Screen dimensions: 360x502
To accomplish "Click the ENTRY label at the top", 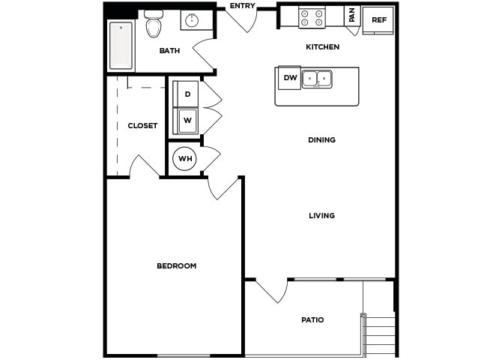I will click(242, 6).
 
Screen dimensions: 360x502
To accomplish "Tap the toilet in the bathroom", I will click(154, 25).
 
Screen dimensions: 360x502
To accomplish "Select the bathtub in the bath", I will click(121, 46).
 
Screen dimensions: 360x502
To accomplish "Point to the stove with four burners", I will click(312, 18).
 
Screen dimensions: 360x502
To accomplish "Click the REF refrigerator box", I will click(378, 20).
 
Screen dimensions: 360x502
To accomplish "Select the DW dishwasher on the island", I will click(289, 77).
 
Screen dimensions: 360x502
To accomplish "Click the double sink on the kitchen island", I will click(318, 78).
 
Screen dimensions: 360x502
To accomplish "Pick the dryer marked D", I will click(187, 94).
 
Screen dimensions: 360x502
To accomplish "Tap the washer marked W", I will click(187, 120).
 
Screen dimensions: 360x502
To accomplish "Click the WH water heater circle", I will click(184, 159).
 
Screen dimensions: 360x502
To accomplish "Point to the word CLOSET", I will click(142, 125).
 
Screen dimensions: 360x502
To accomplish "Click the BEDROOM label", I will click(176, 265).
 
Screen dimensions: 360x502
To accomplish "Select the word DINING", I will click(321, 139).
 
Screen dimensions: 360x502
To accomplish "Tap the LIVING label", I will click(321, 215).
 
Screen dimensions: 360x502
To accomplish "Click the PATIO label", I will click(312, 319).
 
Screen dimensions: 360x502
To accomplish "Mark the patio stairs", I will click(380, 334).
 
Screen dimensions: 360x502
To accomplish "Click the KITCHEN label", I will click(322, 47).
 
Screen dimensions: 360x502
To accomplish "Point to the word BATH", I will click(169, 51).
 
